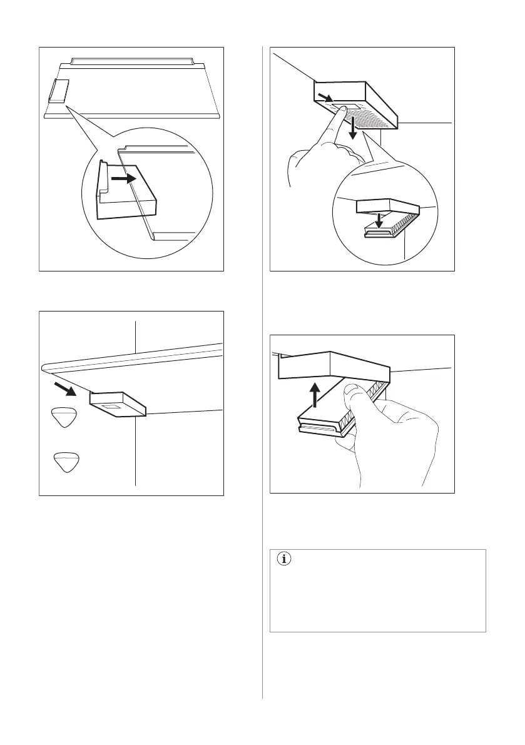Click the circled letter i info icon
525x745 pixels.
(285, 560)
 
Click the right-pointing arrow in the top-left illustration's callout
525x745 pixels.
(123, 178)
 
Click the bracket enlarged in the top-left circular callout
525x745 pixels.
(125, 188)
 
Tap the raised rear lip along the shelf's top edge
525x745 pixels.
(133, 61)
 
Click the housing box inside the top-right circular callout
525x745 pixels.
(385, 208)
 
